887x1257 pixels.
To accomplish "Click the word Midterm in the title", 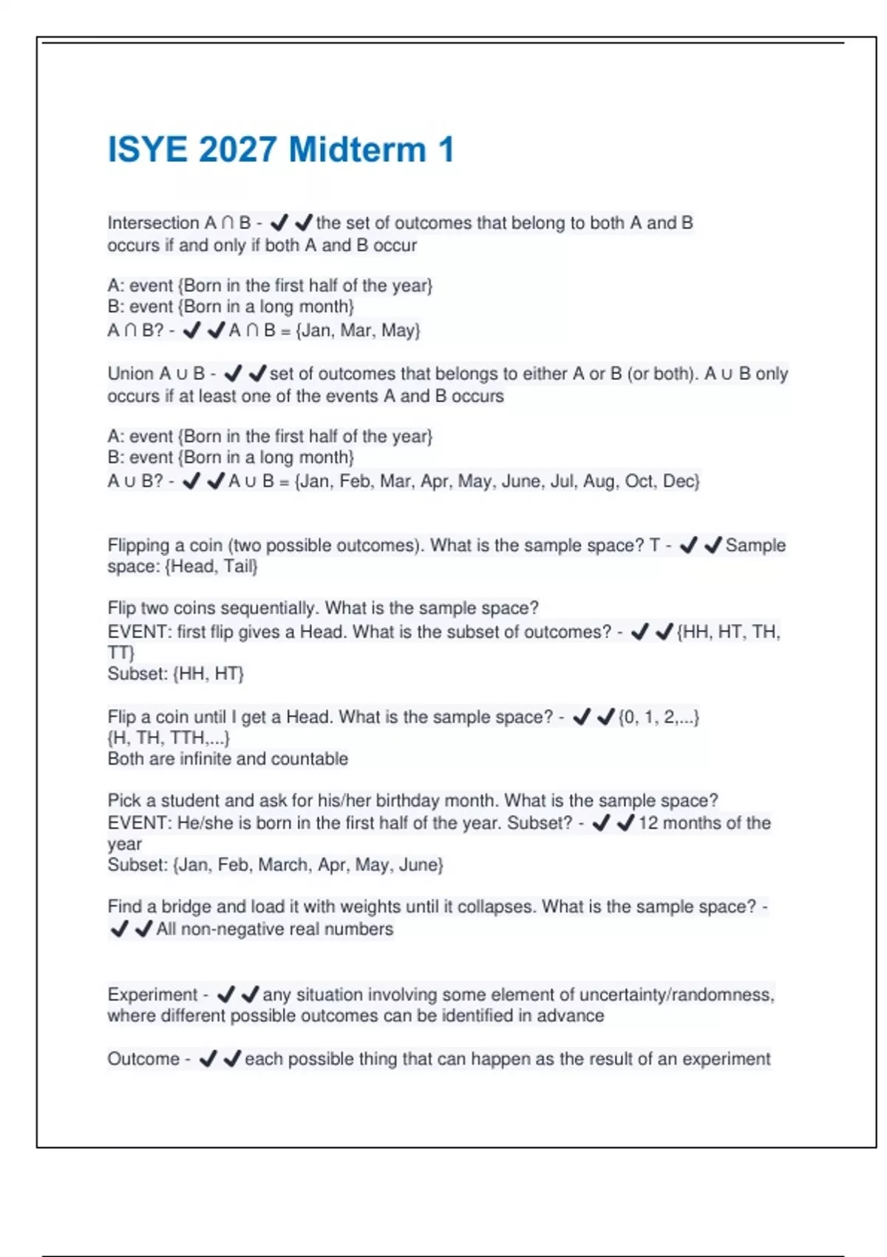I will click(357, 150).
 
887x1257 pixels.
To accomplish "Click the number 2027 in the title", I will click(237, 150).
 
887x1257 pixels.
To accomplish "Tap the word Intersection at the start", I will click(153, 223).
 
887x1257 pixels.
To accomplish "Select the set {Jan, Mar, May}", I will click(358, 331).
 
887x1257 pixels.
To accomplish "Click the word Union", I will click(131, 373).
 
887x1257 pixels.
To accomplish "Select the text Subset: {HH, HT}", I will click(175, 674).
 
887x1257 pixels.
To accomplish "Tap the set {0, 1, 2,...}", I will click(659, 717).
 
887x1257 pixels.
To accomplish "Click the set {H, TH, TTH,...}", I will click(169, 738).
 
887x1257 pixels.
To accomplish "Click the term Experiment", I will click(152, 995).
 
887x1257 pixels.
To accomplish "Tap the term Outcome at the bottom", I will click(143, 1059).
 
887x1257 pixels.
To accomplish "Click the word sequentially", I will click(269, 608).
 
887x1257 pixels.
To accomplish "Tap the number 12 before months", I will click(648, 823).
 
